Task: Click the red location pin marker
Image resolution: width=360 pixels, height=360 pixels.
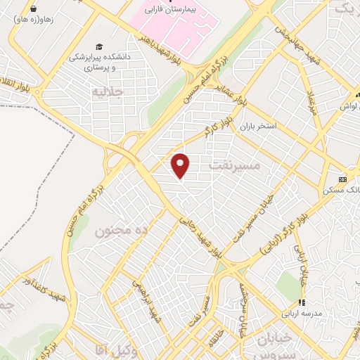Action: coord(181,165)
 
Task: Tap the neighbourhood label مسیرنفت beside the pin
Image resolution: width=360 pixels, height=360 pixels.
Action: coord(235,166)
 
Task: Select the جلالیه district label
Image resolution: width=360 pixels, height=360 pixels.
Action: coord(108,91)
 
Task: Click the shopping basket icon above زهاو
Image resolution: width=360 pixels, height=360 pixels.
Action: coord(33,8)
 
